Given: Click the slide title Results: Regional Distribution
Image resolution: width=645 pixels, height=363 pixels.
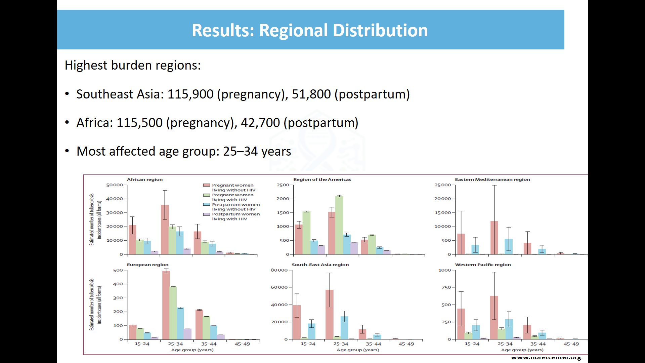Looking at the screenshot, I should (x=309, y=30).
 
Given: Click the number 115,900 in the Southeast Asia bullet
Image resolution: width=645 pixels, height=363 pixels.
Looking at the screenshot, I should (x=190, y=94).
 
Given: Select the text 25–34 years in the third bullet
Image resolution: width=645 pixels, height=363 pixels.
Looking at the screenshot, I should (x=257, y=151).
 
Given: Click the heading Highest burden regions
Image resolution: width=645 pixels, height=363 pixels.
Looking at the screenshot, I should (x=132, y=65).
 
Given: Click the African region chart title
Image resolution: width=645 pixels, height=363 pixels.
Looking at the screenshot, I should (x=144, y=179).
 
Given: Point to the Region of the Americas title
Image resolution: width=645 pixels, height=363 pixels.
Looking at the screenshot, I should (x=322, y=179).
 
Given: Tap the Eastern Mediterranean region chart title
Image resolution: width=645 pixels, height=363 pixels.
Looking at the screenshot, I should (x=492, y=179).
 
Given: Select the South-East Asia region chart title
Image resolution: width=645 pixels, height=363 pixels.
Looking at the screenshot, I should (x=320, y=265).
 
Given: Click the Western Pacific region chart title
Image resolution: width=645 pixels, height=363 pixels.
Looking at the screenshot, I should (x=483, y=265).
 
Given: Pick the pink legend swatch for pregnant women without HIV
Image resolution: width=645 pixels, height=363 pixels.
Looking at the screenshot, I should (x=206, y=185).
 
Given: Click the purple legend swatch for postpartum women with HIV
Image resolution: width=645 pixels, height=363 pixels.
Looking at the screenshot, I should (x=206, y=214).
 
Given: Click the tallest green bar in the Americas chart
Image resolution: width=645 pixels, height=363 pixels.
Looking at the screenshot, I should (x=339, y=225).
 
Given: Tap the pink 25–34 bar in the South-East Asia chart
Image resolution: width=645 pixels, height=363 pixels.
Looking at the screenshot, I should (x=329, y=314).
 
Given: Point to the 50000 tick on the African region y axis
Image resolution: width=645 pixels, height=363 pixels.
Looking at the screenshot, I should (x=114, y=185).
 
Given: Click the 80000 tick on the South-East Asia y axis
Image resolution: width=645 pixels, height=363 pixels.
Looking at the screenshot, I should (x=279, y=270).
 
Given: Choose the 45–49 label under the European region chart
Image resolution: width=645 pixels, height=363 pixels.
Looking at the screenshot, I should (x=242, y=344).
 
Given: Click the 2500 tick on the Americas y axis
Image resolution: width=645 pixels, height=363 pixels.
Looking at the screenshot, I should (x=283, y=185).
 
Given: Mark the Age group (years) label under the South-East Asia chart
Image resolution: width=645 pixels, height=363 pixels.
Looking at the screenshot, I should (x=357, y=350).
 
